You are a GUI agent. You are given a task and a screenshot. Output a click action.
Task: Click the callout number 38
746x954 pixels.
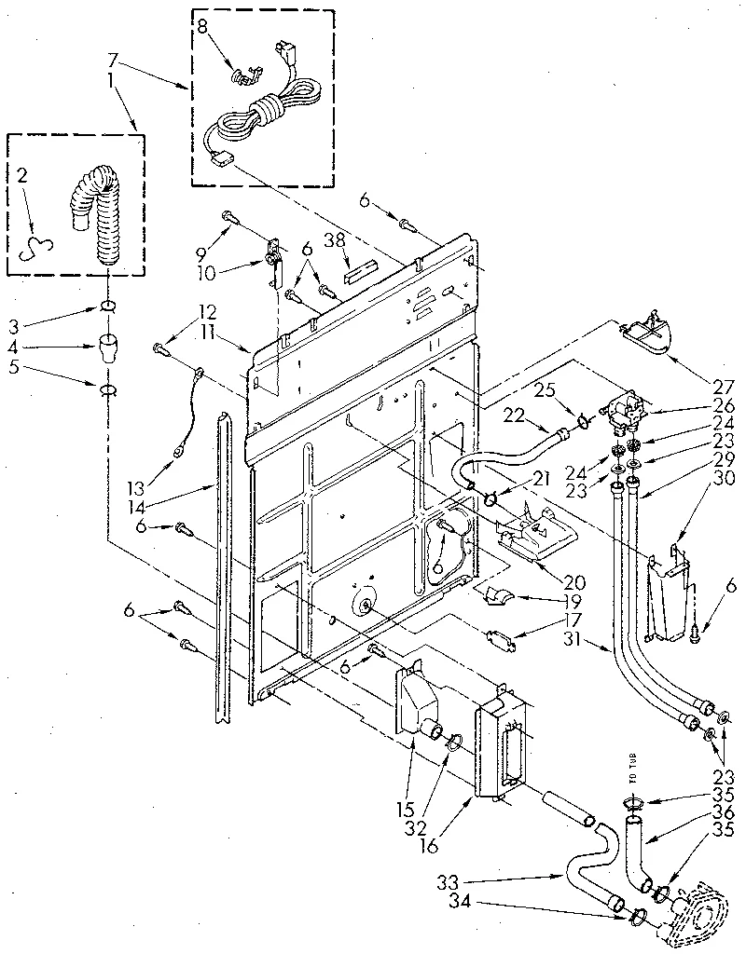point(332,239)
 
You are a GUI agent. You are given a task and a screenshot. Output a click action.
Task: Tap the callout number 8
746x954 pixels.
point(202,27)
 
